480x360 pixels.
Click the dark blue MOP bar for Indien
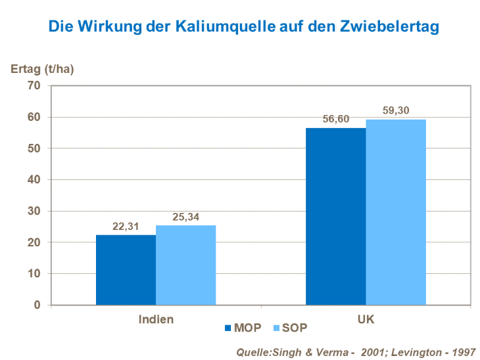126,270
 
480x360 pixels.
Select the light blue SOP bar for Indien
185,265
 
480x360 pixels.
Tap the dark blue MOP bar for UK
335,216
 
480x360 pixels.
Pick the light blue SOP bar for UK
396,212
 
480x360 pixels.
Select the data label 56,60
335,119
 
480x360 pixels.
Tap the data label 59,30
396,110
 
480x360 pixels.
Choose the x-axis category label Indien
156,319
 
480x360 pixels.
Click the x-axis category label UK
366,319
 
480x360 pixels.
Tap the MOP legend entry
243,327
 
